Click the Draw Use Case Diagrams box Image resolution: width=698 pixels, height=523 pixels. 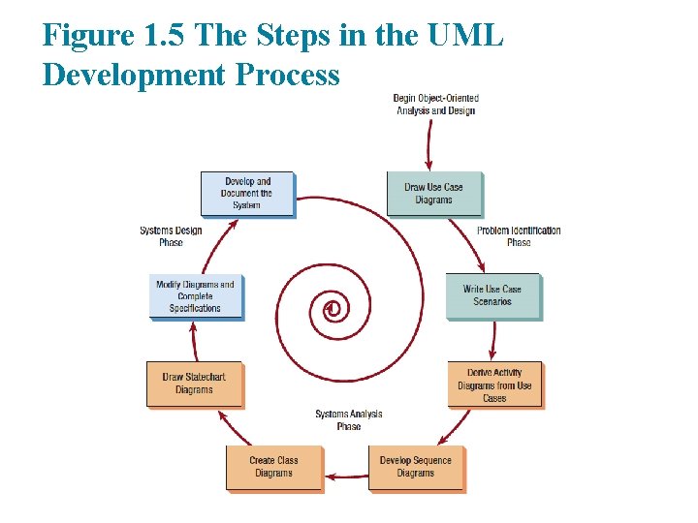[433, 194]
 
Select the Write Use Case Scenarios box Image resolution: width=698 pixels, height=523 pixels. [492, 295]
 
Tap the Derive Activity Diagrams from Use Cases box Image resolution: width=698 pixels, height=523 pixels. [494, 385]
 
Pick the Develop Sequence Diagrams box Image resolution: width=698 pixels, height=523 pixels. [416, 467]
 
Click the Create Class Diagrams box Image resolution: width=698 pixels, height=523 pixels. [273, 467]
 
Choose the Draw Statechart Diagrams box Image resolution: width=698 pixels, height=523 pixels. [194, 384]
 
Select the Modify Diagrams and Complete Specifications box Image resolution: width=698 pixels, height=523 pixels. [195, 296]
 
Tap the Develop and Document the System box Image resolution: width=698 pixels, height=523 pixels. [246, 194]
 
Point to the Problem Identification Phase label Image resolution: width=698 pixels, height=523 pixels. [519, 236]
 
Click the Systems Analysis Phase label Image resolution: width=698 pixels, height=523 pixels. [349, 420]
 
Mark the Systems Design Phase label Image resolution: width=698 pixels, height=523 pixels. [171, 236]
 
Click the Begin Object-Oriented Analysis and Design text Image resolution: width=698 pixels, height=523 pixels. [435, 105]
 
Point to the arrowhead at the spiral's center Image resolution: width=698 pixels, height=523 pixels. [330, 308]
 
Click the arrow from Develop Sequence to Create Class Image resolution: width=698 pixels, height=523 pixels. [345, 477]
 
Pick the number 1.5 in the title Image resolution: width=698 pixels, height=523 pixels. [162, 37]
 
